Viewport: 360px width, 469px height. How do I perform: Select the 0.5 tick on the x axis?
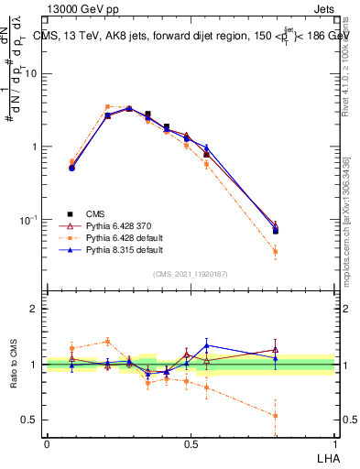click(x=190, y=444)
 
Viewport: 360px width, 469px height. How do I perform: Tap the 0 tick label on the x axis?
click(x=47, y=444)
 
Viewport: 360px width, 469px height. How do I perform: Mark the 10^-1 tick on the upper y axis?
click(x=30, y=220)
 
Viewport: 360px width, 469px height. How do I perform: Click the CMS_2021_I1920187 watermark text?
click(x=190, y=274)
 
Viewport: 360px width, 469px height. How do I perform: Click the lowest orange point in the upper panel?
click(x=276, y=251)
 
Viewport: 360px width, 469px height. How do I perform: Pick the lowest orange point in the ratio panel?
click(x=276, y=415)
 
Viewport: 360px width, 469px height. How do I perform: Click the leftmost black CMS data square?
click(x=72, y=168)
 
